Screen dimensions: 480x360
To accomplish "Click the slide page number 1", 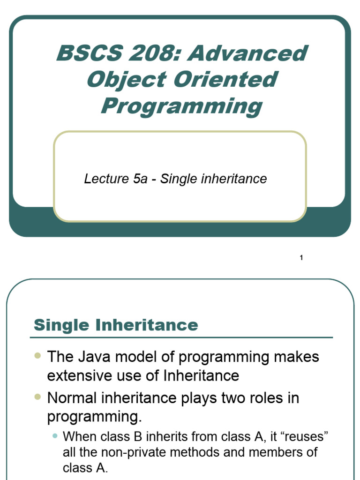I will [x=301, y=257].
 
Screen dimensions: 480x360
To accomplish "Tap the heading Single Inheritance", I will [x=116, y=325].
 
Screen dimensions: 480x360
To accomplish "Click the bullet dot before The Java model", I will [x=38, y=356].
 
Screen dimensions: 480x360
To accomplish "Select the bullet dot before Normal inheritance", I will [x=38, y=397].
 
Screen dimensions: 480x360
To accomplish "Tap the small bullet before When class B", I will [x=55, y=436].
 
